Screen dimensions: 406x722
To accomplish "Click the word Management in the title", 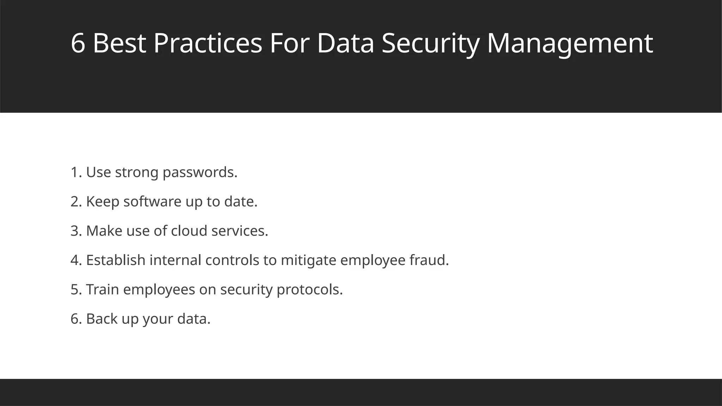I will click(x=570, y=44).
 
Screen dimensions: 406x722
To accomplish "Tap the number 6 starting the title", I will click(x=78, y=44).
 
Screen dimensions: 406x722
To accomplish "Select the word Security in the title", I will click(x=430, y=44).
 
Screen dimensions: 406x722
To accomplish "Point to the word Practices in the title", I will click(x=208, y=44).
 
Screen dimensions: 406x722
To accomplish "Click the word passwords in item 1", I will click(x=200, y=173).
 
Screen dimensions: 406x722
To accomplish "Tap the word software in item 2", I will click(x=152, y=202).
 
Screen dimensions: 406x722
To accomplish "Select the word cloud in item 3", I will click(x=189, y=231).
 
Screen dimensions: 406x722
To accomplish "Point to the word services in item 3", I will click(x=240, y=231).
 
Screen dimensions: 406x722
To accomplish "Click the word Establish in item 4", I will click(x=116, y=260).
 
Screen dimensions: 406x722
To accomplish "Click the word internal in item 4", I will click(x=175, y=260).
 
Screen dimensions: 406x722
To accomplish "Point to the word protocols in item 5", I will click(x=310, y=290).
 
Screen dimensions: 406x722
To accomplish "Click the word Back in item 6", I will click(x=102, y=319).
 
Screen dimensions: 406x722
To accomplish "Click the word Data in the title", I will click(x=345, y=44).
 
